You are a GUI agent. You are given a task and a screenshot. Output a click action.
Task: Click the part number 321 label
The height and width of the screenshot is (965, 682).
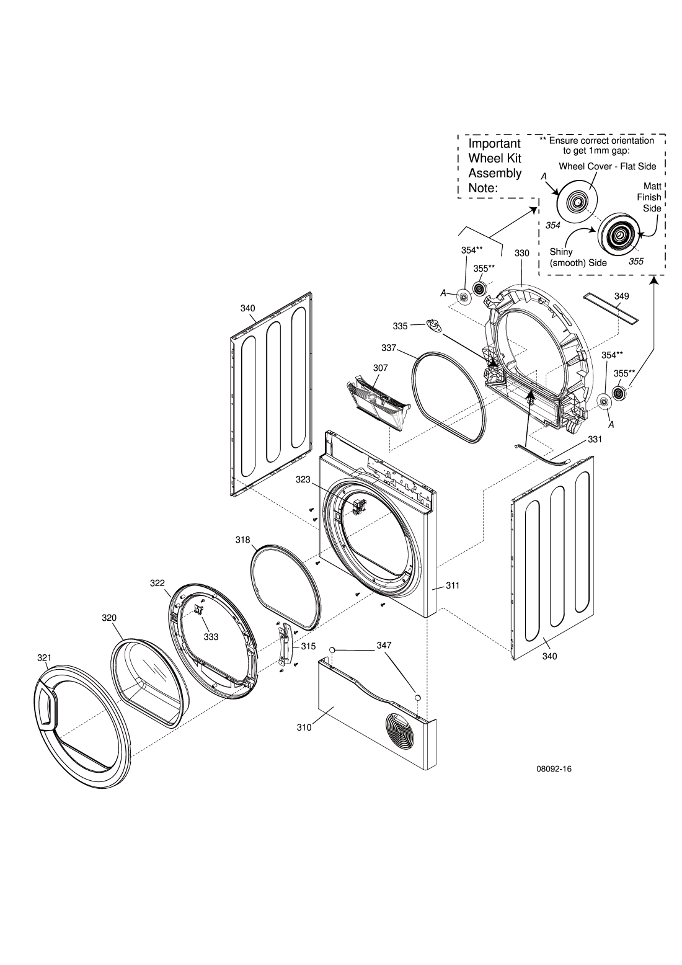[x=44, y=657]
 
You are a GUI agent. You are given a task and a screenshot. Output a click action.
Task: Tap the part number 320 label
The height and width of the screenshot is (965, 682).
[x=109, y=618]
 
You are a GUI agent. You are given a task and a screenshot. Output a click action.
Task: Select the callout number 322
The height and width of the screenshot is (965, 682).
[x=157, y=583]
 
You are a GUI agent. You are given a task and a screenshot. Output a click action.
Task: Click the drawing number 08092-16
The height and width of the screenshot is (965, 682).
[x=554, y=769]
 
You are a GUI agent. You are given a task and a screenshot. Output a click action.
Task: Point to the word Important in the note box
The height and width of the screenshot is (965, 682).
[x=494, y=144]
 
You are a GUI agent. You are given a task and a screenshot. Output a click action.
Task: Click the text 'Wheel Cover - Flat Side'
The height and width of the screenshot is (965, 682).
[x=607, y=166]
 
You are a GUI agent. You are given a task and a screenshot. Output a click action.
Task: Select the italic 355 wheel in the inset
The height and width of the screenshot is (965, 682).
[x=618, y=234]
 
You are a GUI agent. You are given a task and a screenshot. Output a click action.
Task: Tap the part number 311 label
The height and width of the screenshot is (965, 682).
[x=452, y=585]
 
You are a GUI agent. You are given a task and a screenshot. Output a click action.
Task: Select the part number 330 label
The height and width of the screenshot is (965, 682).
[x=521, y=254]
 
